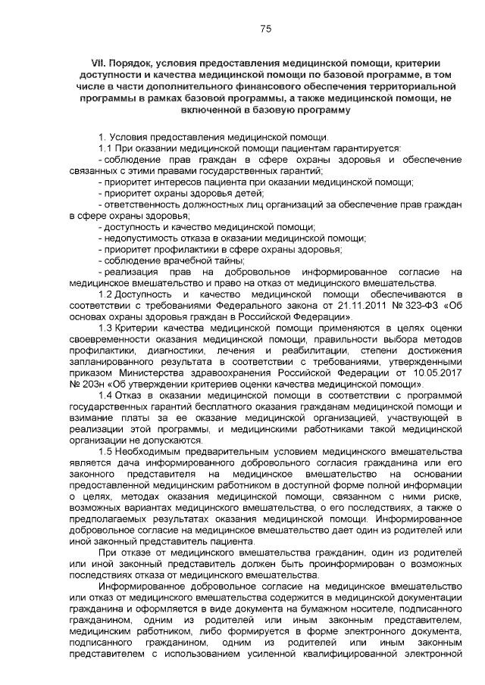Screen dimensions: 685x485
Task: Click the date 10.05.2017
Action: tap(436, 373)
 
